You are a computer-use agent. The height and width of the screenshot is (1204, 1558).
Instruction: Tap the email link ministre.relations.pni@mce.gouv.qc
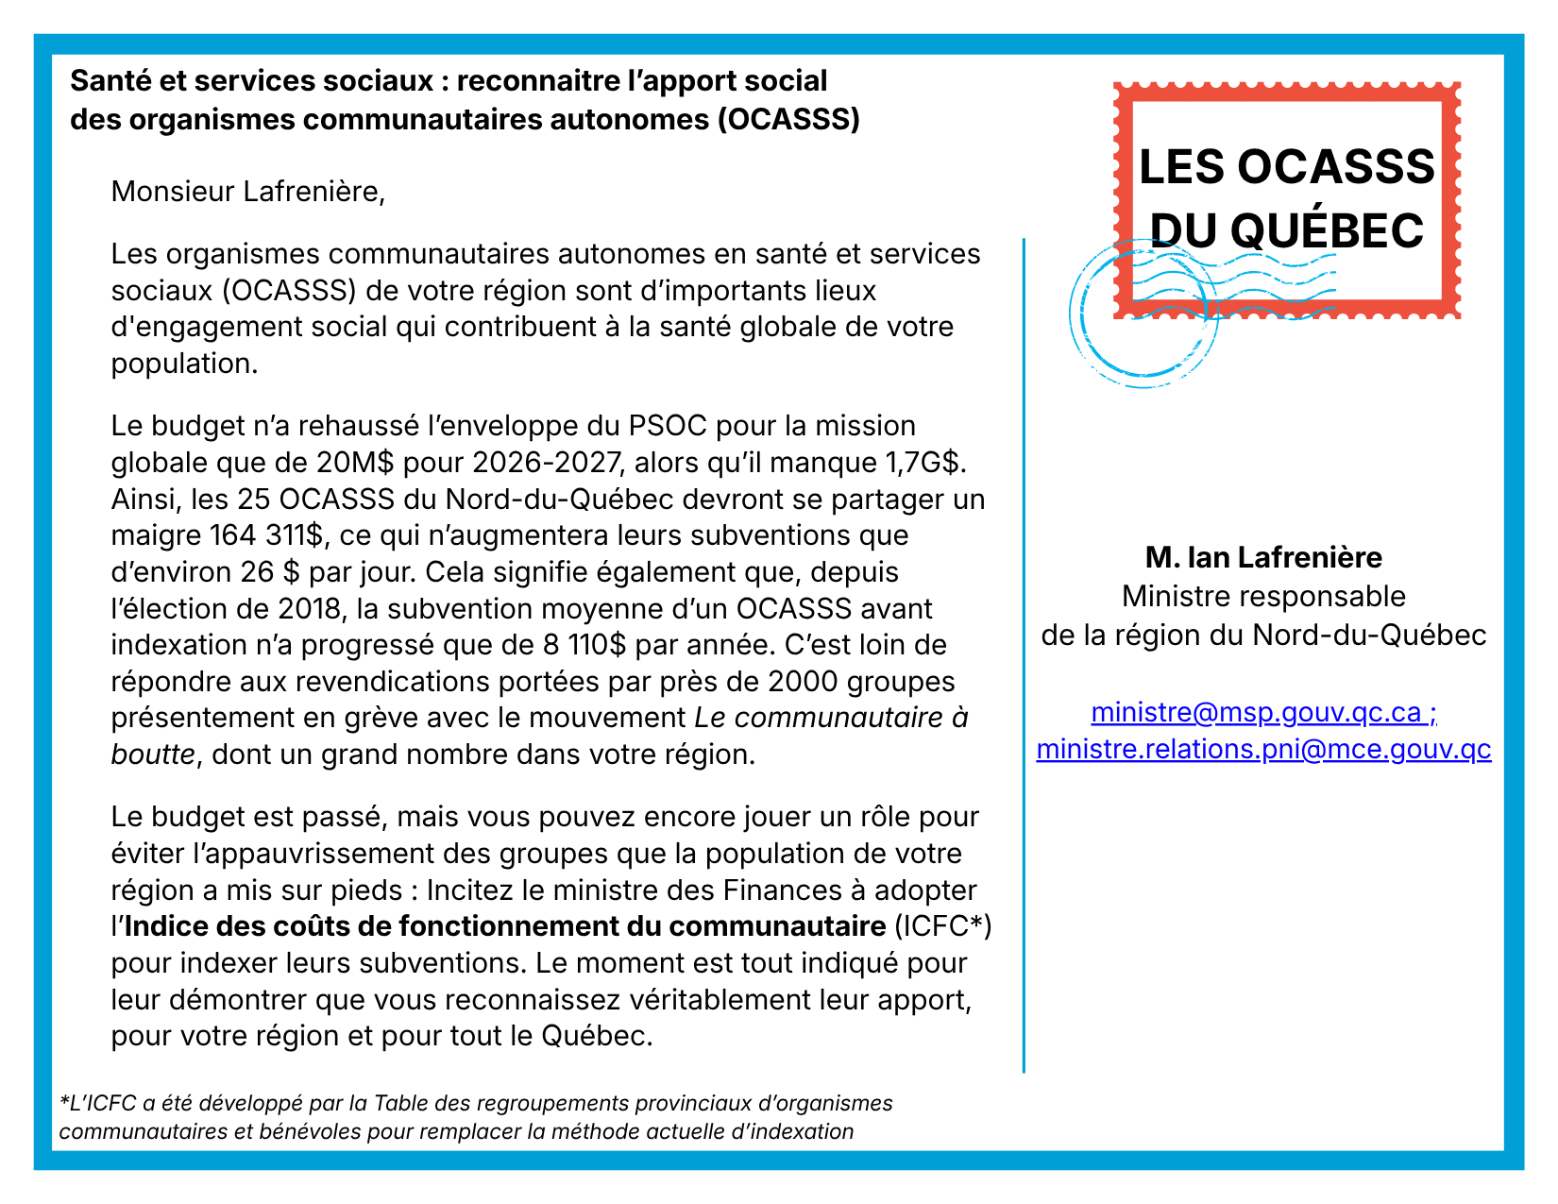(x=1263, y=749)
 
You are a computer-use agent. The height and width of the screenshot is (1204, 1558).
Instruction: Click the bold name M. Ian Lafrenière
(x=1263, y=557)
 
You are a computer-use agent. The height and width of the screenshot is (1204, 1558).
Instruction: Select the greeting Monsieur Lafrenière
(x=248, y=192)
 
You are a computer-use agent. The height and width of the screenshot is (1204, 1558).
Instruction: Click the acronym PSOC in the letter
(x=668, y=426)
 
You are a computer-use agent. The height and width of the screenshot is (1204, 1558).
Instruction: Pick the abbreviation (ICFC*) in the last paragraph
(x=942, y=926)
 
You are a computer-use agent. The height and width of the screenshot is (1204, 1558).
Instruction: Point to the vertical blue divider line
(x=1024, y=661)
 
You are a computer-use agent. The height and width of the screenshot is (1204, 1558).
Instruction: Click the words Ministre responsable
(x=1263, y=597)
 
